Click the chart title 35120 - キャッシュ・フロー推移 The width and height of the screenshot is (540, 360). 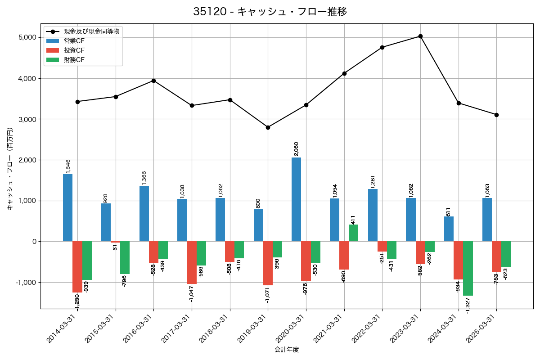(x=270, y=12)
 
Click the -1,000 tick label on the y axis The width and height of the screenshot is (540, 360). (x=26, y=283)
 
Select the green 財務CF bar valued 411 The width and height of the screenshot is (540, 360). (x=354, y=233)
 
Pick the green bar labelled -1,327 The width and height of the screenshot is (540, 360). (x=468, y=268)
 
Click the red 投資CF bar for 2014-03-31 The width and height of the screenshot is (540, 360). (x=77, y=267)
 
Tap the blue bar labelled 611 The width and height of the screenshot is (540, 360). (x=449, y=229)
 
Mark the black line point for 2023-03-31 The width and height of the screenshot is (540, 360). (x=420, y=36)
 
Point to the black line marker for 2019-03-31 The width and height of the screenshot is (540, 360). (x=268, y=127)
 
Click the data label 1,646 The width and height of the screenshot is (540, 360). (x=68, y=166)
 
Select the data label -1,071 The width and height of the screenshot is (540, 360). (x=267, y=294)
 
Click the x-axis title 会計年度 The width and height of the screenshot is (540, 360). (x=287, y=350)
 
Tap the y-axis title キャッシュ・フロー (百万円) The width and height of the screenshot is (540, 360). (x=10, y=169)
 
